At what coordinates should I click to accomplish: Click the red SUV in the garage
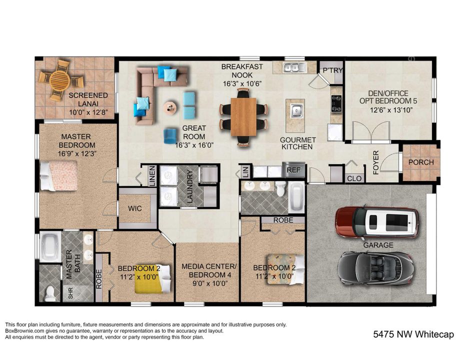pos(377,222)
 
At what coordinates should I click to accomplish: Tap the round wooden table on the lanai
pos(59,79)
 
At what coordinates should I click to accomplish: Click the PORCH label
pos(421,162)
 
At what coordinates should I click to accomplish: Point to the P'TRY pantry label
pos(332,70)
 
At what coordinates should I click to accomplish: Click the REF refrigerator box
pos(293,170)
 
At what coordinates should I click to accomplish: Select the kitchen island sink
pos(295,109)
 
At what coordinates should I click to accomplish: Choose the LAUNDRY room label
pos(189,186)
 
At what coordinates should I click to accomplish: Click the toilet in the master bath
pos(50,293)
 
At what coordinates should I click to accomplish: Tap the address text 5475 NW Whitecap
pos(413,334)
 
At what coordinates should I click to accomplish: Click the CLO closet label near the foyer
pos(353,178)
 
